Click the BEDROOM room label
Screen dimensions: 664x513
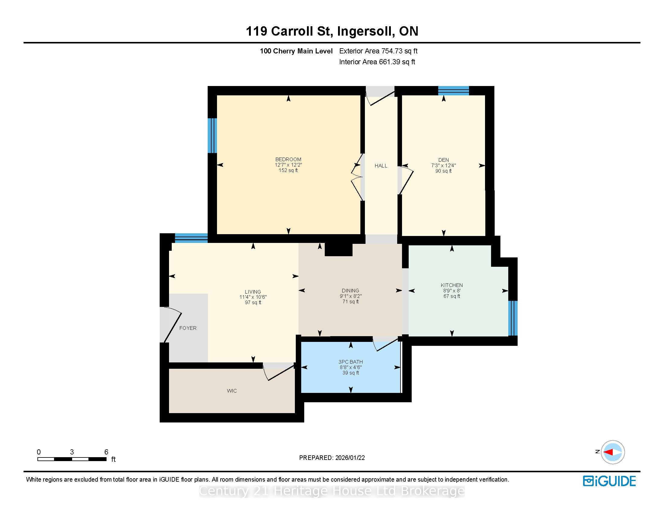(288, 159)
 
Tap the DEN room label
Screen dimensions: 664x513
(444, 160)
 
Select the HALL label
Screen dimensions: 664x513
(381, 166)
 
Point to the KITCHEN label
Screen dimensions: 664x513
(452, 285)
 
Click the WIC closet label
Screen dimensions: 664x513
(232, 391)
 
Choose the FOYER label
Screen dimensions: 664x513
(188, 328)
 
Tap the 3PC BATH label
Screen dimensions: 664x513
(350, 362)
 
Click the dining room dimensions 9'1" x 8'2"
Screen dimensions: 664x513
(350, 296)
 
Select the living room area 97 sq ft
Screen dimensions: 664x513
(253, 303)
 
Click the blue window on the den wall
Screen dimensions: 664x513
(453, 91)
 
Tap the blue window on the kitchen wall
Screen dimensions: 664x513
(513, 318)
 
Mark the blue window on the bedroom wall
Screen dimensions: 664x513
(212, 135)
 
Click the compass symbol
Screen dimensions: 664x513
(613, 452)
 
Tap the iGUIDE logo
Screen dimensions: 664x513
(609, 481)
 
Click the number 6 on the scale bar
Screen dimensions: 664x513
(106, 452)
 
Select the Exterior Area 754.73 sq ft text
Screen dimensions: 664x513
(378, 51)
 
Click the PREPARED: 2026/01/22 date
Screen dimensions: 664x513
(332, 458)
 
